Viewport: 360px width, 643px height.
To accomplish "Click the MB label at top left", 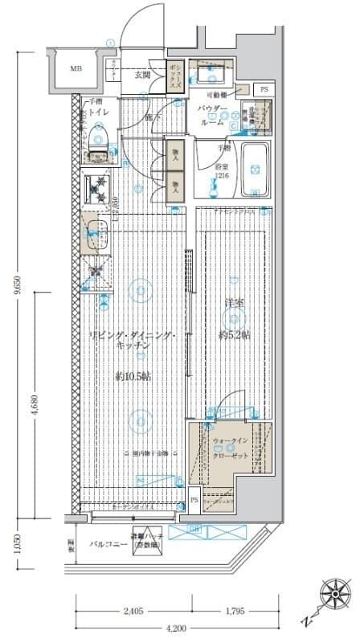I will pyautogui.click(x=75, y=68).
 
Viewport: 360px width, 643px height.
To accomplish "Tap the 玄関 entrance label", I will pyautogui.click(x=142, y=75).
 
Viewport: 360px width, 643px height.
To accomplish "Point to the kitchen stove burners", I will pyautogui.click(x=99, y=190).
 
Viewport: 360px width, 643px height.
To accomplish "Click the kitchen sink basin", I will pyautogui.click(x=95, y=232).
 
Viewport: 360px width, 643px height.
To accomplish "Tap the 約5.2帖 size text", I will pyautogui.click(x=234, y=334).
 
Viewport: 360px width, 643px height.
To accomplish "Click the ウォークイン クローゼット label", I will pyautogui.click(x=232, y=447).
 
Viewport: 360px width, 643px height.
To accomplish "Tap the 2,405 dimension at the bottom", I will pyautogui.click(x=133, y=612).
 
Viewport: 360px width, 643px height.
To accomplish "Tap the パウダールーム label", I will pyautogui.click(x=213, y=114).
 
